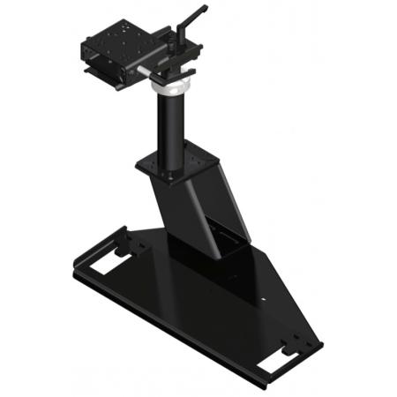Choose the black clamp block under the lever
point(181,62)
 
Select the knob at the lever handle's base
point(175,38)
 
